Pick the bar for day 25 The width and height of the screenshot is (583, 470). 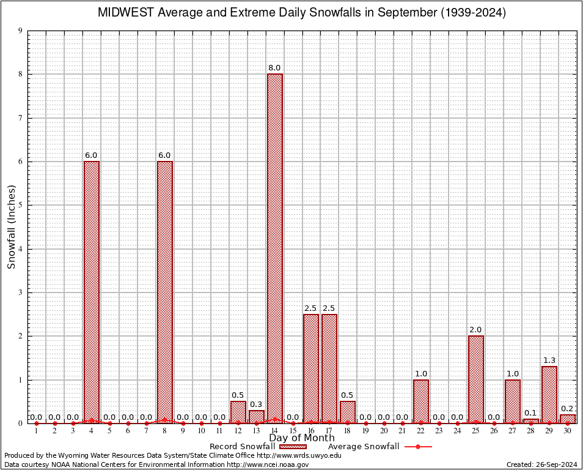476,379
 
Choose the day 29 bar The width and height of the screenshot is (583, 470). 549,395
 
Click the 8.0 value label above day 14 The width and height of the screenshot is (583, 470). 274,68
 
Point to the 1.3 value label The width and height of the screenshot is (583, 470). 549,360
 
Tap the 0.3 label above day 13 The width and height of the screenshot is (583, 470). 256,404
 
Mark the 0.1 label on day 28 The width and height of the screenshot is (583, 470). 531,412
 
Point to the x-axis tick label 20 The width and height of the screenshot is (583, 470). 384,431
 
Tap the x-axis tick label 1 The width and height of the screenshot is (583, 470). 37,431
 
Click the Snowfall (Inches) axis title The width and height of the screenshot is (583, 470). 11,227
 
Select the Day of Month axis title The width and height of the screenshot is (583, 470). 302,438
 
